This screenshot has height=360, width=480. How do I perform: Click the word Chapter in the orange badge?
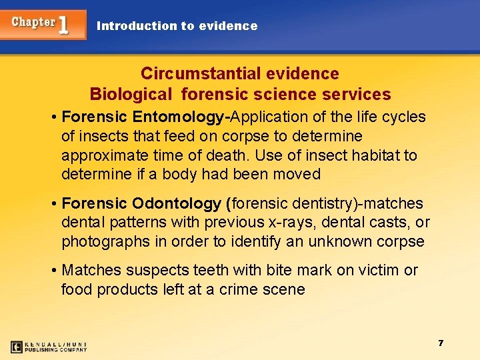point(33,22)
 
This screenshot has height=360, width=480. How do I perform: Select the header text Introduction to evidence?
point(177,26)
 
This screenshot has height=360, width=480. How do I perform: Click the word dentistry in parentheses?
point(313,203)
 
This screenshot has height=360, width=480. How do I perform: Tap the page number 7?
point(441,343)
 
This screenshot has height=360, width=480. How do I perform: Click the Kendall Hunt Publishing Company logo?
point(49,347)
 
